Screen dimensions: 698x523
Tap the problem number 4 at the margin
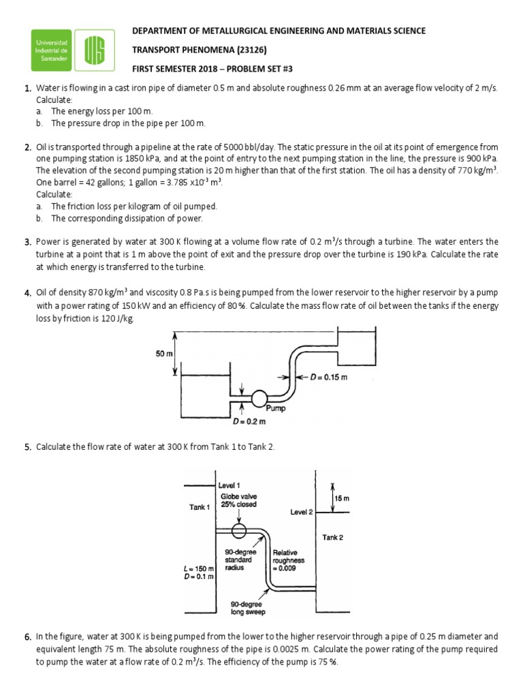coord(28,293)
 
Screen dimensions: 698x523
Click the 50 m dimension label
coord(165,354)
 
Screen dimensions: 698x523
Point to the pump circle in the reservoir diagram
coord(259,398)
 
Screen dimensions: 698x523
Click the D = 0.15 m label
coord(328,377)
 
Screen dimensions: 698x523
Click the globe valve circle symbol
coord(239,530)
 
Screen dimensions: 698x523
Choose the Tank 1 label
coord(200,506)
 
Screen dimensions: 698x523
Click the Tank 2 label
coord(332,537)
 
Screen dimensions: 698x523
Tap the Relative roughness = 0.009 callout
coord(288,560)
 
